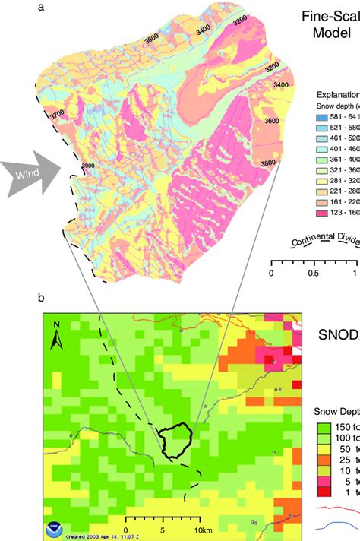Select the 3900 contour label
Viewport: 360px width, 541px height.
[87, 166]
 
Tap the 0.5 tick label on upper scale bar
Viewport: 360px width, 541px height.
[312, 252]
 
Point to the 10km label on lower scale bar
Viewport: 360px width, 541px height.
[201, 529]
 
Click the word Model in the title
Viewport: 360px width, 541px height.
[336, 31]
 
